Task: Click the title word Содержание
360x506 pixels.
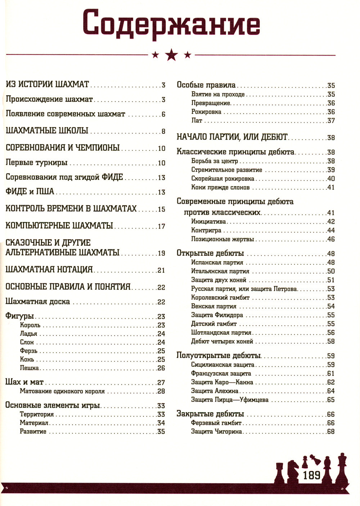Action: [171, 24]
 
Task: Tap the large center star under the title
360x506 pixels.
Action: [171, 55]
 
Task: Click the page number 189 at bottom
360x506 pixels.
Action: [311, 475]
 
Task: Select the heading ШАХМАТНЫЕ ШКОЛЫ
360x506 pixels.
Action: [47, 131]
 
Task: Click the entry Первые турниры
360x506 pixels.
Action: [37, 163]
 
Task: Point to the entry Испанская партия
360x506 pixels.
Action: [217, 263]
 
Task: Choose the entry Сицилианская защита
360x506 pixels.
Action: [222, 365]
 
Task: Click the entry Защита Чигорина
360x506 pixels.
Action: [216, 432]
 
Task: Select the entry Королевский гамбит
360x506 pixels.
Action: [220, 298]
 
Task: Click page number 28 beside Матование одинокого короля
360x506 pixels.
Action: [161, 391]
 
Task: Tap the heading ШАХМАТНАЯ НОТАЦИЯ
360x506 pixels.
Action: [49, 269]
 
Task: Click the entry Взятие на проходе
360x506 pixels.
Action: [218, 94]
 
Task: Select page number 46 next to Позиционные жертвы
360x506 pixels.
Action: [331, 239]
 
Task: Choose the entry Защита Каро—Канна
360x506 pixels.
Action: [222, 382]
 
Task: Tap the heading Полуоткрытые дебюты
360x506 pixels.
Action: [219, 356]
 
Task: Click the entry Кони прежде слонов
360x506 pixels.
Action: [220, 187]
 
